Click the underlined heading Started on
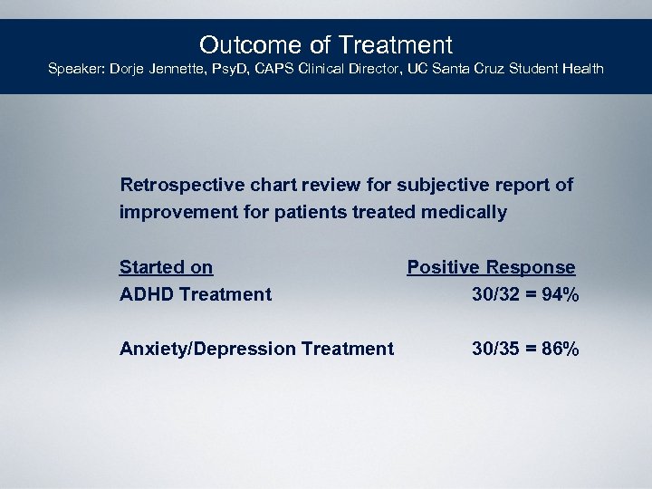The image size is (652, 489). tap(166, 267)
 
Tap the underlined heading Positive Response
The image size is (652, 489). tap(491, 267)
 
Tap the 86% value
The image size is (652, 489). tap(560, 349)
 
